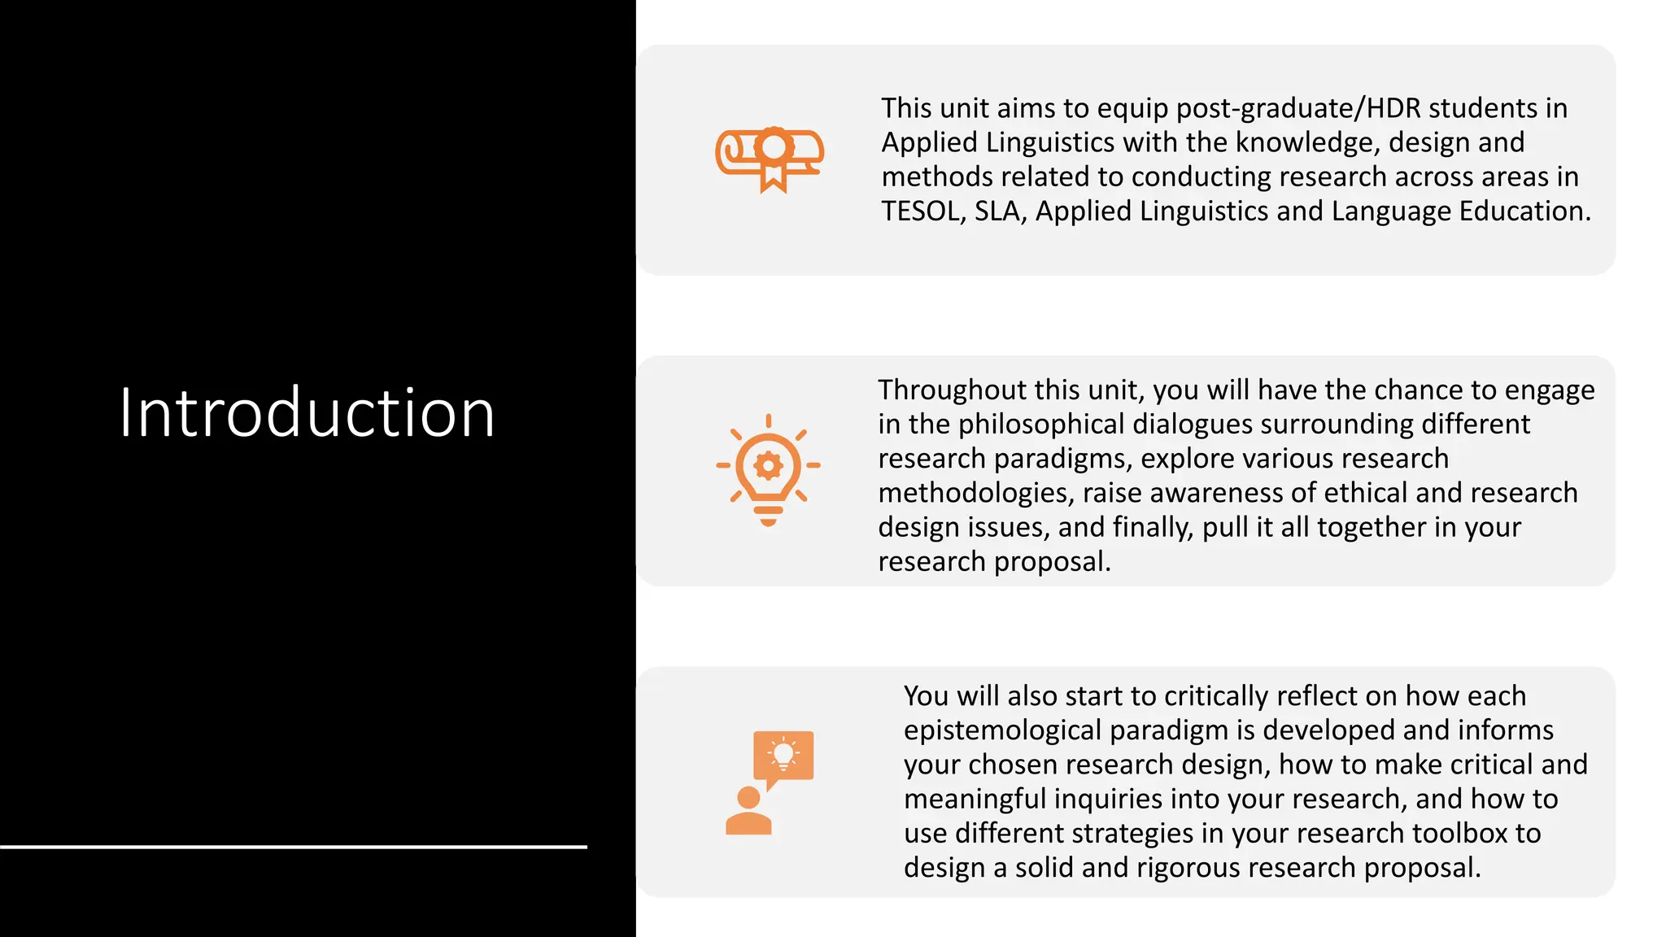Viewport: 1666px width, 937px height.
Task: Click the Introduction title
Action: coord(307,413)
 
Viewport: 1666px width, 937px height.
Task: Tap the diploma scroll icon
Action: coord(770,159)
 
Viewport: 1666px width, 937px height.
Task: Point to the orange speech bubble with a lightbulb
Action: coord(783,756)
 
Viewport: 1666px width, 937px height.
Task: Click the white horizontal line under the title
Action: coord(293,847)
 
